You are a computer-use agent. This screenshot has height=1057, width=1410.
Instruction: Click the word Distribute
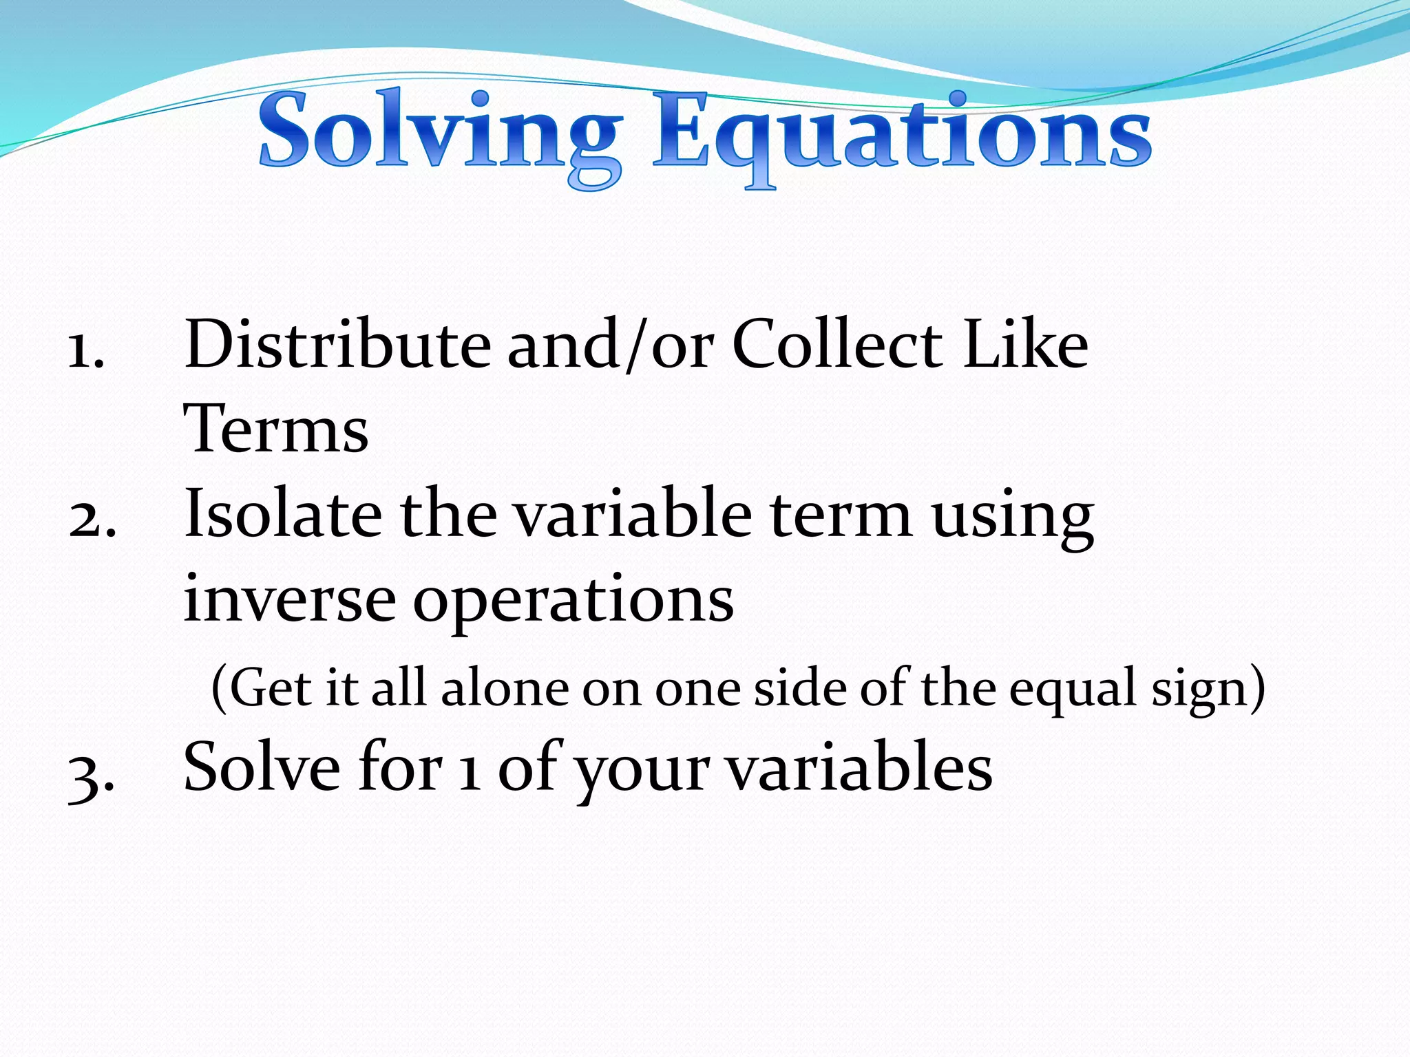coord(337,344)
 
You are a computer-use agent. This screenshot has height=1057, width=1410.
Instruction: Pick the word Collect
coord(837,344)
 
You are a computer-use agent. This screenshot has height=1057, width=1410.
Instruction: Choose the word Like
coord(1026,344)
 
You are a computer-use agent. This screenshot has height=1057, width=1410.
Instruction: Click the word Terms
coord(276,428)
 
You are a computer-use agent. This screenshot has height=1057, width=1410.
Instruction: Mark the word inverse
coord(289,599)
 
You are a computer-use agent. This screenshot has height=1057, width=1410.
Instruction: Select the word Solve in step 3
coord(262,767)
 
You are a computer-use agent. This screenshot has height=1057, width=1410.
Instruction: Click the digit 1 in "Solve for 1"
coord(470,769)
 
